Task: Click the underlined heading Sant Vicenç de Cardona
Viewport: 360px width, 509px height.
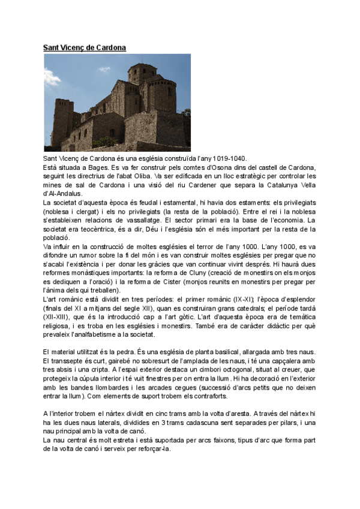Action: click(85, 47)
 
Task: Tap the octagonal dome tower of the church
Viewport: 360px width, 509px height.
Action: click(142, 73)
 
